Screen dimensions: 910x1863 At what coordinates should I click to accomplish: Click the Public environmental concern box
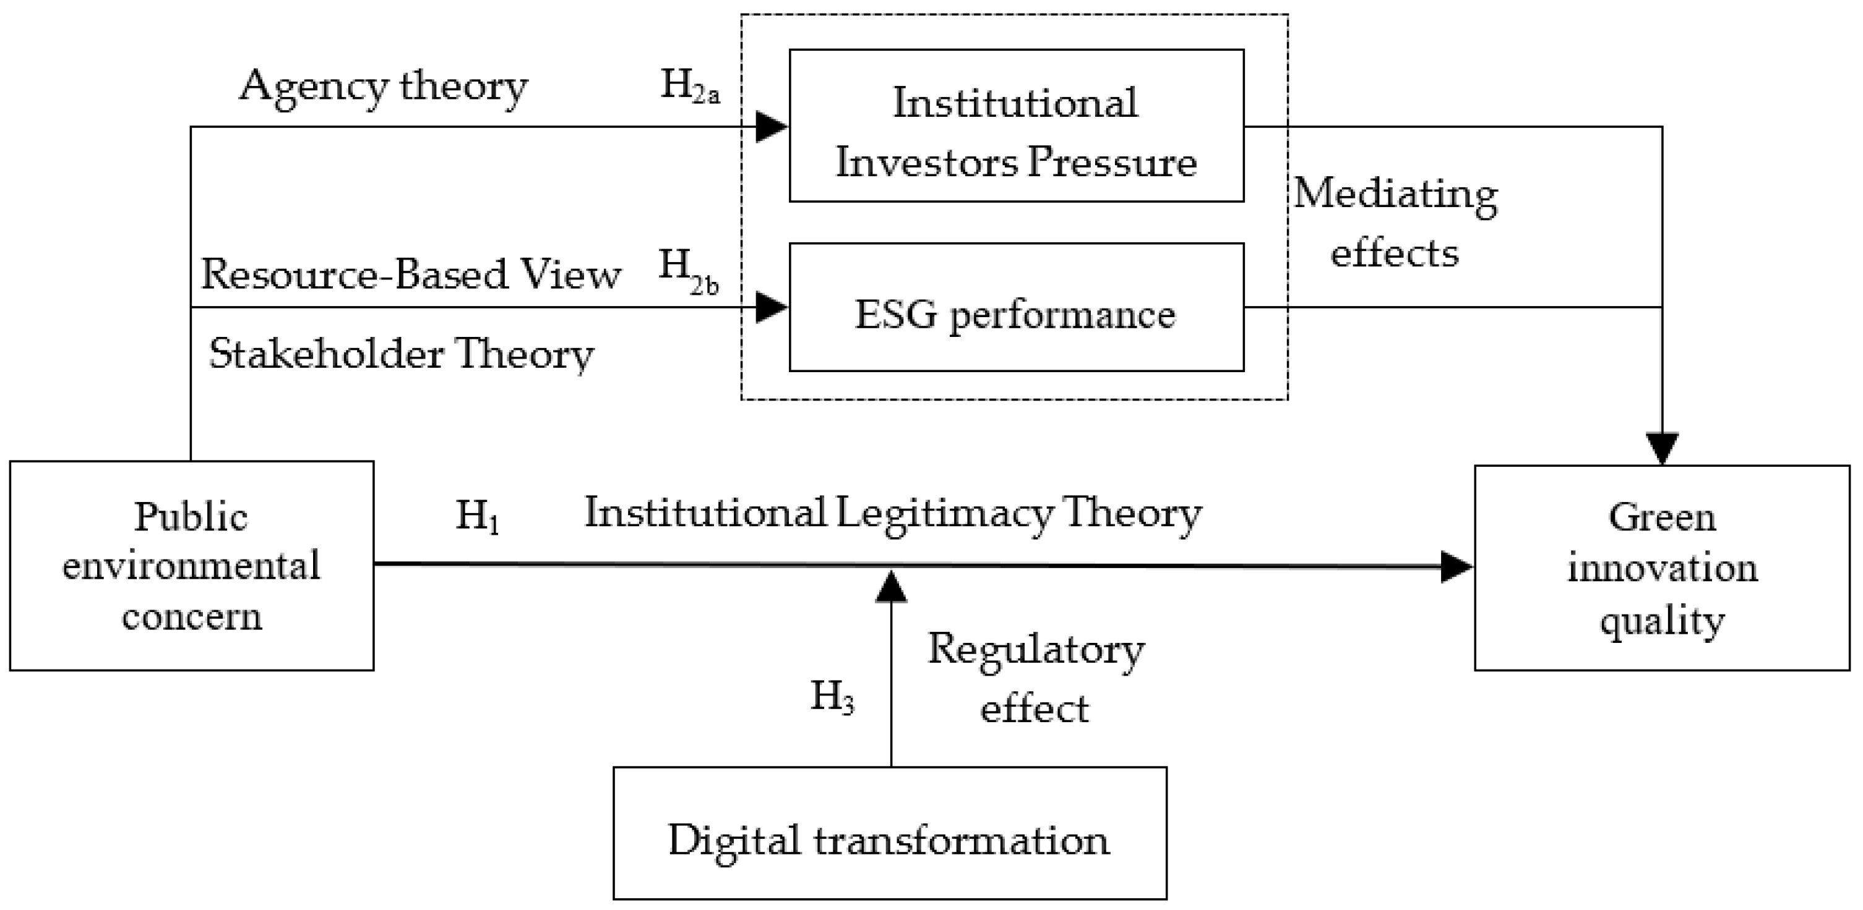click(x=192, y=566)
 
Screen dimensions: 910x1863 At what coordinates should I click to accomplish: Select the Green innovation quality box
click(x=1662, y=568)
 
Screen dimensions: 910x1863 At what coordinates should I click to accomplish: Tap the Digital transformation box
click(x=890, y=834)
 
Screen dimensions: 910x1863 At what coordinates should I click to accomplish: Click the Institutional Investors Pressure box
click(x=1016, y=125)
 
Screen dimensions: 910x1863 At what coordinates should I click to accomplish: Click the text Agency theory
click(x=383, y=87)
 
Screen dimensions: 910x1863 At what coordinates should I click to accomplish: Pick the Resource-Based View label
click(x=411, y=274)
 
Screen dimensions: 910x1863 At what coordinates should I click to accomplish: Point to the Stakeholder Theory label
click(x=402, y=355)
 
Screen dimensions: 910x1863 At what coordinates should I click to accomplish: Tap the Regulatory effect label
click(x=1036, y=678)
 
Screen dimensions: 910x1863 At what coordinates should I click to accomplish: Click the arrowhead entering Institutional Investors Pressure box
click(x=771, y=127)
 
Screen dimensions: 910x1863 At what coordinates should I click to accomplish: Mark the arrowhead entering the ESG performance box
click(x=771, y=308)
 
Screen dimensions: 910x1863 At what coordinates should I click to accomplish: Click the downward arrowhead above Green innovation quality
click(x=1662, y=448)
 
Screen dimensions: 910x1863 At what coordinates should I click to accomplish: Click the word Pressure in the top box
click(x=1112, y=162)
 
